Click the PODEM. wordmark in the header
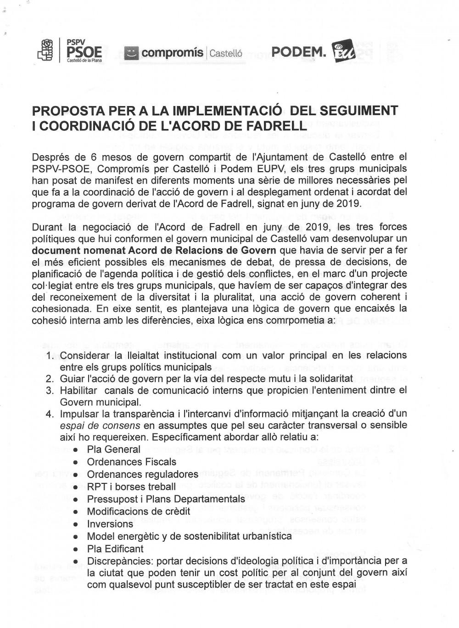click(x=299, y=53)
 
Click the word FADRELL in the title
click(x=278, y=125)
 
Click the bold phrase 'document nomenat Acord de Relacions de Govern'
click(x=154, y=250)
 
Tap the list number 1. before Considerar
click(x=50, y=355)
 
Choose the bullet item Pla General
click(x=113, y=449)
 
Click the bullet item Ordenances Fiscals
click(x=131, y=462)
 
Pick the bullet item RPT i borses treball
click(x=131, y=487)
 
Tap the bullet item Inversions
click(x=110, y=524)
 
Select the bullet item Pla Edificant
click(x=115, y=549)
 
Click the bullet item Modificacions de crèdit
click(x=138, y=511)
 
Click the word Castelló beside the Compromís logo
click(x=225, y=53)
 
